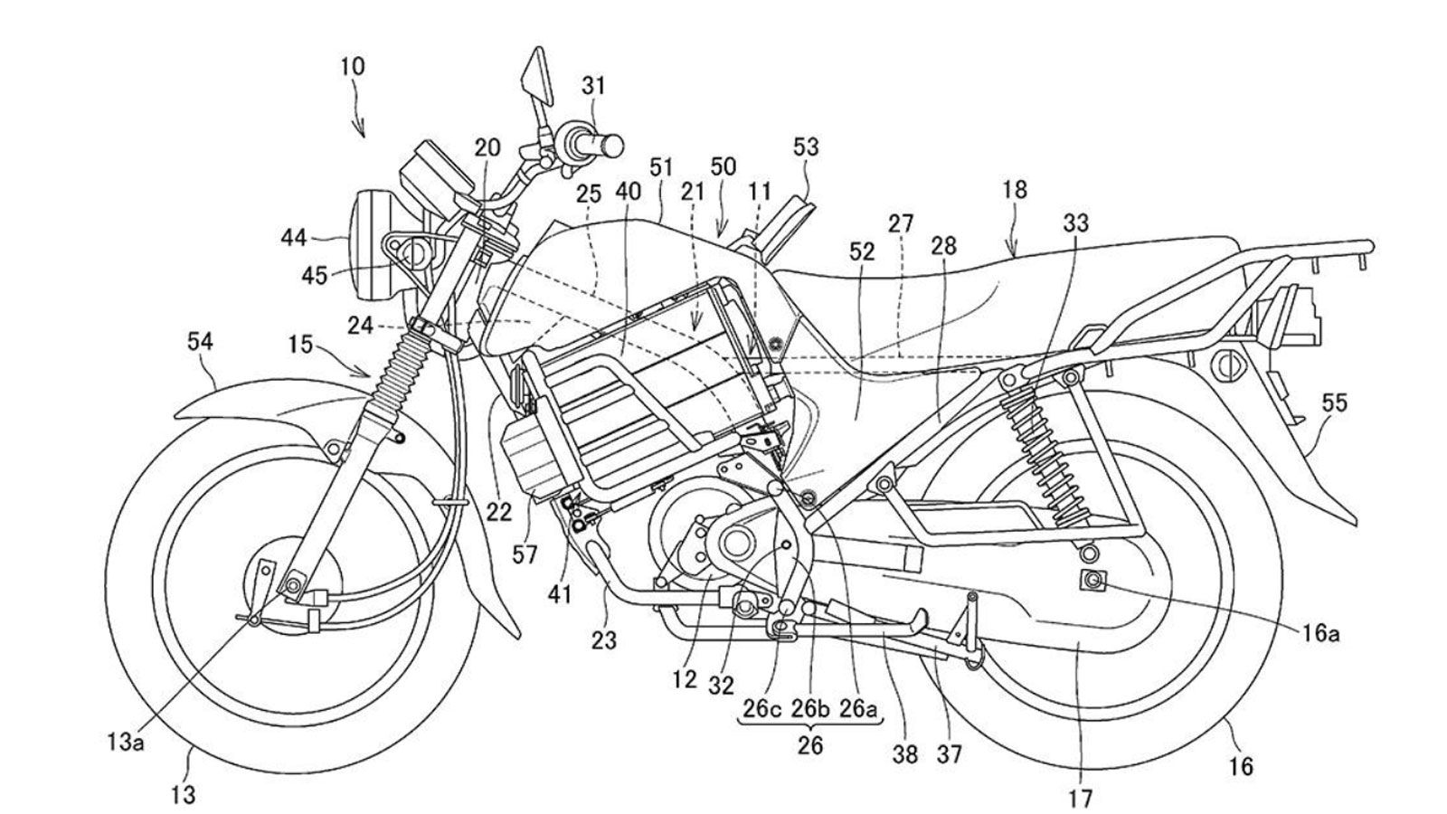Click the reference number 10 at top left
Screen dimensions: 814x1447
[x=353, y=66]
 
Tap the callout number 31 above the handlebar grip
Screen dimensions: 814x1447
[x=593, y=86]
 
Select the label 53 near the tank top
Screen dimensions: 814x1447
[x=806, y=146]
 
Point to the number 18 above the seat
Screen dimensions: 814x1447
[x=1015, y=190]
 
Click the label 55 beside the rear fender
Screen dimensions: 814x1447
[x=1334, y=402]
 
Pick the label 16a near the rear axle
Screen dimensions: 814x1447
[x=1319, y=634]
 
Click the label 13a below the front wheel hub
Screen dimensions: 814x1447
[x=123, y=743]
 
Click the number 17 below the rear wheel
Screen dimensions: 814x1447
[x=1080, y=798]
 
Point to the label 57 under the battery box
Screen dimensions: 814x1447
[x=524, y=554]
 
